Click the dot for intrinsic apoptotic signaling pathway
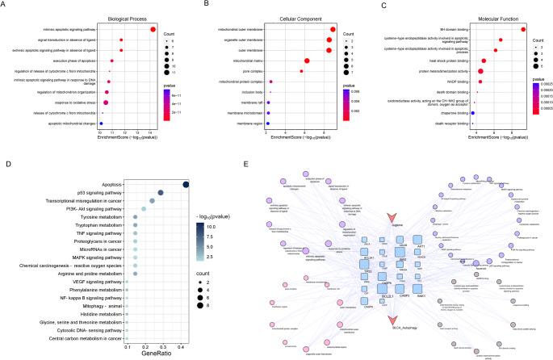click(x=153, y=30)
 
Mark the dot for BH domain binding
click(x=523, y=30)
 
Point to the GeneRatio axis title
click(x=154, y=353)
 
